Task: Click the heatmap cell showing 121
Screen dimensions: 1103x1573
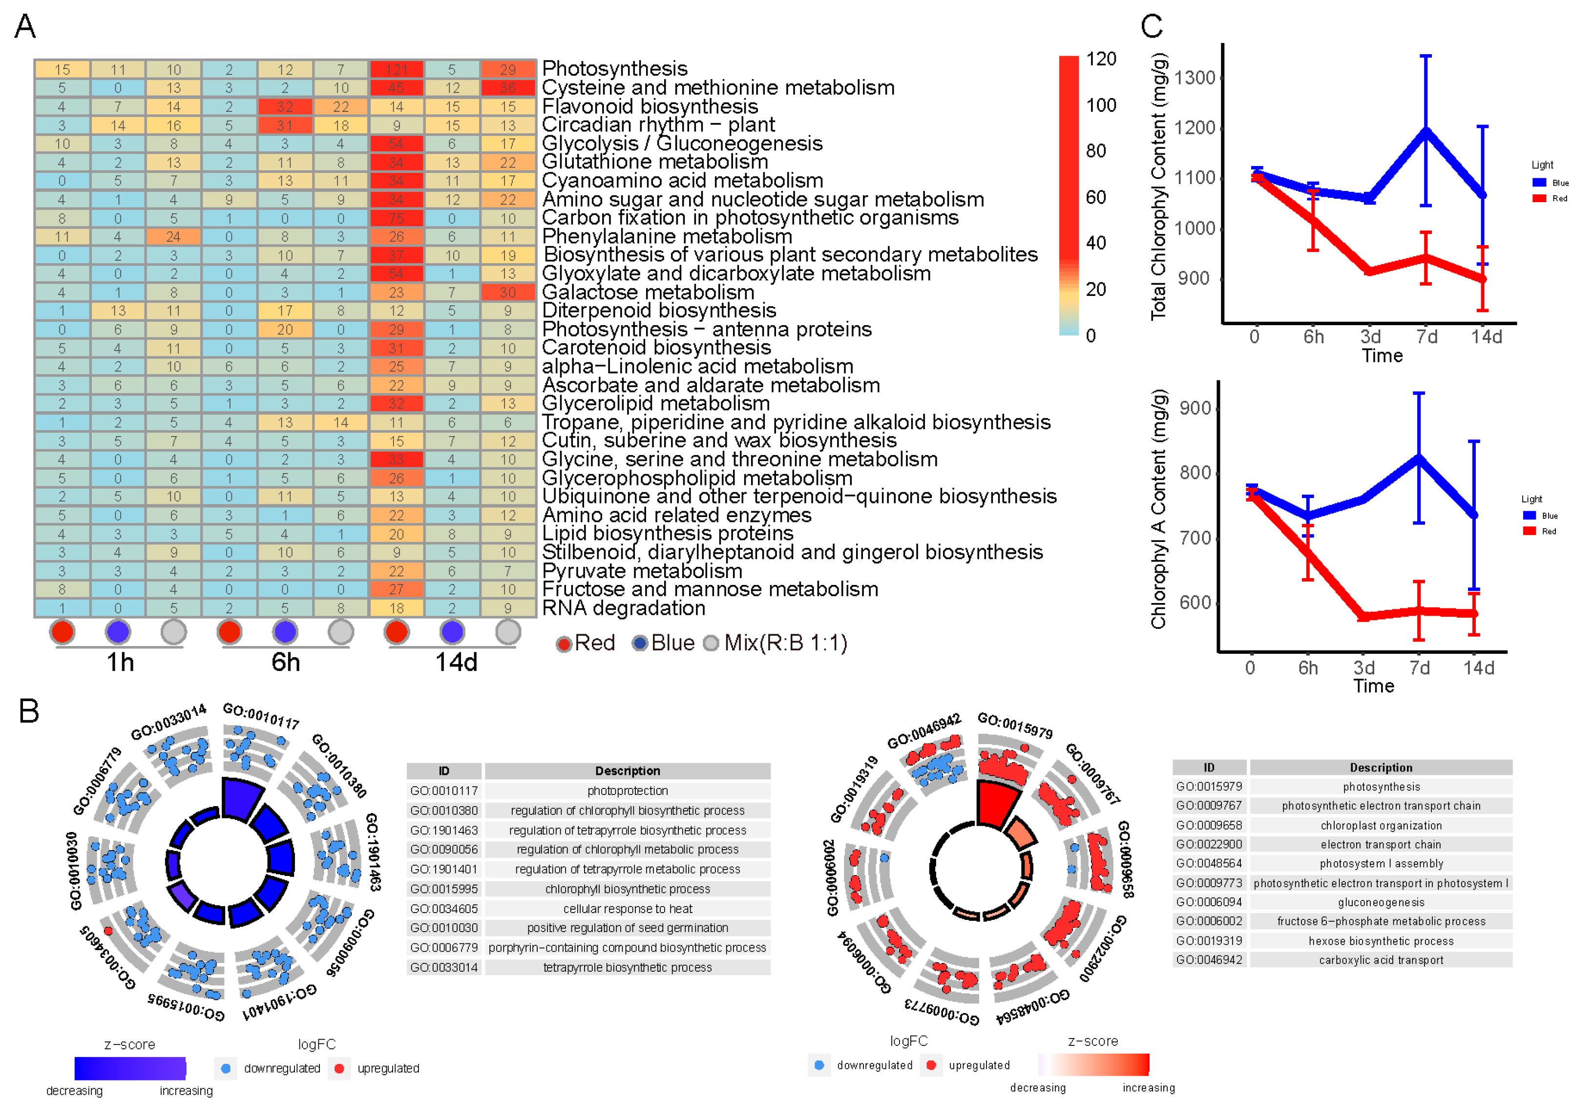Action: pos(396,70)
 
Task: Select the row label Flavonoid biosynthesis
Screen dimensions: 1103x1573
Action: pos(650,106)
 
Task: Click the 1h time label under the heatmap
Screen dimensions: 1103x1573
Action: pos(120,663)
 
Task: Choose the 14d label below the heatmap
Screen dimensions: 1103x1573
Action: pos(456,663)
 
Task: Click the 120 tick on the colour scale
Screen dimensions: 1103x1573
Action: pos(1100,59)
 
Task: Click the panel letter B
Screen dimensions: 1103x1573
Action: pos(29,711)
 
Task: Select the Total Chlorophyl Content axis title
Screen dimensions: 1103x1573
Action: pos(1158,188)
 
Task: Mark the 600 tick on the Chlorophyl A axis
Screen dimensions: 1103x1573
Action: pos(1195,602)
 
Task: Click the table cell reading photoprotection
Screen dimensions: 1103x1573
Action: pos(627,791)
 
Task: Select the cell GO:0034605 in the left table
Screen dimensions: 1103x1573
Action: pos(443,909)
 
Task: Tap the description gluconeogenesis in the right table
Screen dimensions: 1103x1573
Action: pos(1381,902)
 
